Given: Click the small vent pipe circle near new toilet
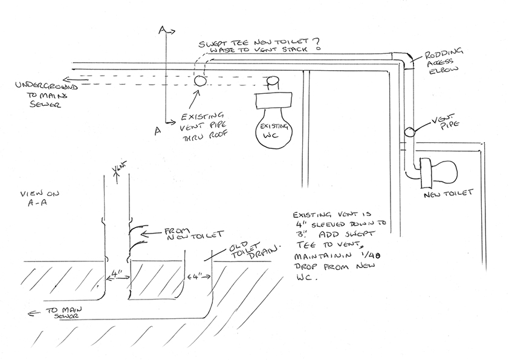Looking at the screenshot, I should [x=409, y=131].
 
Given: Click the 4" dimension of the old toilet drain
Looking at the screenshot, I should [x=198, y=278].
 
